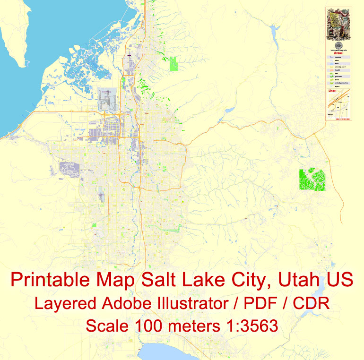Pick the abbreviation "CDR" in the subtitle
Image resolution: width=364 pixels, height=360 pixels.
tap(311, 303)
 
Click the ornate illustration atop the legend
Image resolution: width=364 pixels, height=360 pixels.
tap(338, 24)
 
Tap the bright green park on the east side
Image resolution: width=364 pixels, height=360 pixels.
tap(312, 180)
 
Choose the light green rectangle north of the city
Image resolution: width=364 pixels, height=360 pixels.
tap(173, 64)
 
